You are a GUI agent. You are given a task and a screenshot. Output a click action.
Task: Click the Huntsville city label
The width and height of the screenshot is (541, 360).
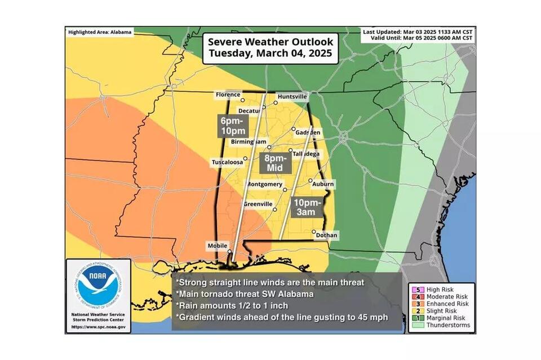click(292, 96)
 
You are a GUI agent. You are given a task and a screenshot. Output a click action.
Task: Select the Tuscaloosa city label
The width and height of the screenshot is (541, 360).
click(227, 162)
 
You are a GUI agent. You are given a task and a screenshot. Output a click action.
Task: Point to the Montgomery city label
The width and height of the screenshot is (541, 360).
click(264, 184)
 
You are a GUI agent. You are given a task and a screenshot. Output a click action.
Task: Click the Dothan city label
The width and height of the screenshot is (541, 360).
click(326, 235)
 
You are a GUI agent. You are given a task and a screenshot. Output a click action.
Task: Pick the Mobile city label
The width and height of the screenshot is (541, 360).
click(218, 246)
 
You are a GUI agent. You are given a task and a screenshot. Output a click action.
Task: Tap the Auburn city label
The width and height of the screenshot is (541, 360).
click(323, 184)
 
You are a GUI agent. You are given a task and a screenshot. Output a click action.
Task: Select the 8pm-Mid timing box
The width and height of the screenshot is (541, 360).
click(275, 163)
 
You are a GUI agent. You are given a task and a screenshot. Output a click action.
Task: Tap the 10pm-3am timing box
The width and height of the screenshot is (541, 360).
click(307, 207)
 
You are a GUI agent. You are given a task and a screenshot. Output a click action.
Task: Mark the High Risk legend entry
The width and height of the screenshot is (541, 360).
click(441, 288)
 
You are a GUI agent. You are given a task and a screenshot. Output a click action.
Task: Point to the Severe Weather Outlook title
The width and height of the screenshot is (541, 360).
click(270, 48)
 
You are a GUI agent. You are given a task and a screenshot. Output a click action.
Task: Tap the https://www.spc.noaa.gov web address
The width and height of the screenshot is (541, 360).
click(99, 327)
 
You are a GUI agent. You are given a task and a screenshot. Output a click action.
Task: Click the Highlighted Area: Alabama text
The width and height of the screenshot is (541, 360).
click(100, 32)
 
